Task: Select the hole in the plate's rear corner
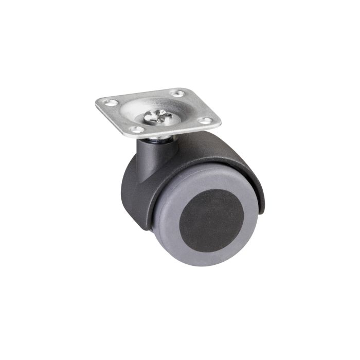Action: tap(177, 94)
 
